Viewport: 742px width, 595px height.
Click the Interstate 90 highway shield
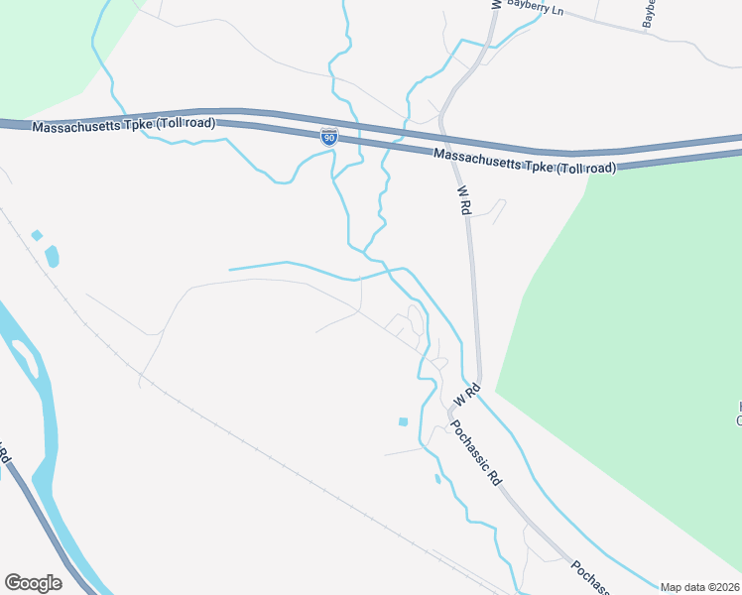point(328,137)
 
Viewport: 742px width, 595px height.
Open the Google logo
point(33,583)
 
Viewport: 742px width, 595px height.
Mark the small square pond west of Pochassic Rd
point(403,422)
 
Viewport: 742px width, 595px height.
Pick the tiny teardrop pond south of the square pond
point(437,479)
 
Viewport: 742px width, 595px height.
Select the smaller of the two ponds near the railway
point(37,235)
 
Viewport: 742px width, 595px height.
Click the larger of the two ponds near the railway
point(52,257)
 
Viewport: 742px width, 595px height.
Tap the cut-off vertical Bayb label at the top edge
point(650,12)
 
